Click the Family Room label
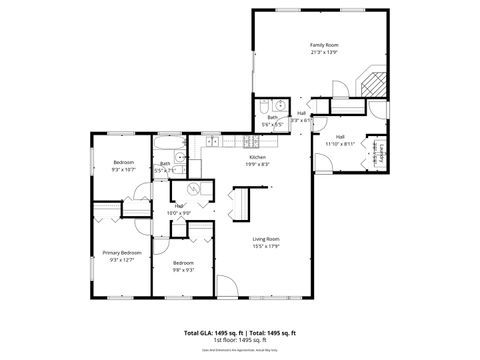(322, 45)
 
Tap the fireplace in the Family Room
(372, 84)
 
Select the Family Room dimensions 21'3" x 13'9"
(322, 53)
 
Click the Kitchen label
(257, 157)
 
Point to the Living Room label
(265, 238)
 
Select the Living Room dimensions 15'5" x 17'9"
(265, 246)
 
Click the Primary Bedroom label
(122, 253)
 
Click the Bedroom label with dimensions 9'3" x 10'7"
(123, 162)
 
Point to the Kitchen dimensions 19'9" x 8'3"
(257, 165)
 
